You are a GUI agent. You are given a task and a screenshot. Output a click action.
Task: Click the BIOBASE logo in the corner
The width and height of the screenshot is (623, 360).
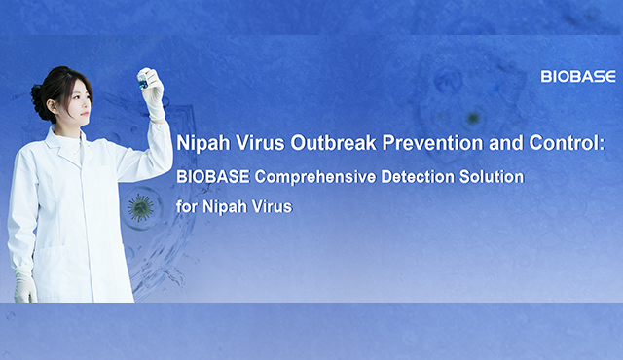click(x=577, y=76)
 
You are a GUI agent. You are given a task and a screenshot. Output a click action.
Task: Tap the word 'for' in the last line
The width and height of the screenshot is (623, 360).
click(x=187, y=207)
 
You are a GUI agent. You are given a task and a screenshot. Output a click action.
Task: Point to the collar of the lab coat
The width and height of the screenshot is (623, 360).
click(x=68, y=141)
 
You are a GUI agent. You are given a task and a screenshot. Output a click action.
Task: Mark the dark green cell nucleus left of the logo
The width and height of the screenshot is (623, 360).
click(x=473, y=119)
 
